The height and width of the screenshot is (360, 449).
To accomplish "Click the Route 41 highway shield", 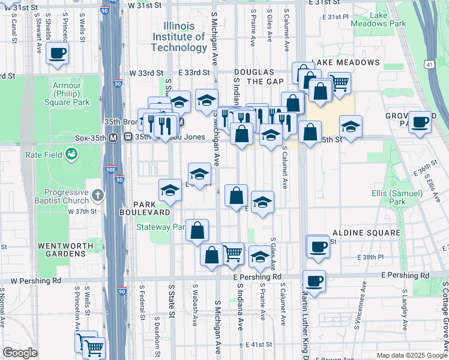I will tap(429, 64).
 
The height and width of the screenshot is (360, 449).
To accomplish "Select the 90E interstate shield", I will tap(110, 170).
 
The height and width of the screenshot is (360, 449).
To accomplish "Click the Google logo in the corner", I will tap(20, 353).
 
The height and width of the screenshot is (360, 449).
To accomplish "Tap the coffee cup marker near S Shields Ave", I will tap(58, 53).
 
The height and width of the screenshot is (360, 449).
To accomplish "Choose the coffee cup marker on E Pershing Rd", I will tap(314, 280).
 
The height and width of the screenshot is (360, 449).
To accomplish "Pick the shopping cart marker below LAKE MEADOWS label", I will tap(339, 82).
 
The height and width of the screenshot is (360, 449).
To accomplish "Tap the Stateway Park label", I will tap(161, 227).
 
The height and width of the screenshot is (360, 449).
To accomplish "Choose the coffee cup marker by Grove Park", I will tap(420, 122).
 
